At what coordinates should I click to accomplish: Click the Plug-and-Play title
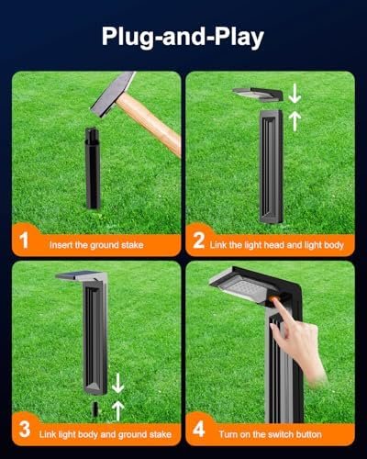[x=183, y=38]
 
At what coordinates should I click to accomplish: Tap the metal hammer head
[x=113, y=95]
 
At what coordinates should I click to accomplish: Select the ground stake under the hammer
[x=93, y=168]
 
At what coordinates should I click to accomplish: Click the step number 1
[x=24, y=241]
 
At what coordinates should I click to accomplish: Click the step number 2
[x=199, y=241]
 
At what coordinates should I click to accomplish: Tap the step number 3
[x=25, y=430]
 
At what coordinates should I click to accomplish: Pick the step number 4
[x=199, y=430]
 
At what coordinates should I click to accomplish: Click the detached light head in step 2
[x=258, y=95]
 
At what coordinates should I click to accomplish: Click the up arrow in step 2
[x=295, y=121]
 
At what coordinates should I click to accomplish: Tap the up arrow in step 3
[x=117, y=410]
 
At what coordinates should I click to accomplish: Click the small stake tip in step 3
[x=95, y=409]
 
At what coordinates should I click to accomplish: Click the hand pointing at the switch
[x=298, y=340]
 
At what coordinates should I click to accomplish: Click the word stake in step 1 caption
[x=132, y=245]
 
